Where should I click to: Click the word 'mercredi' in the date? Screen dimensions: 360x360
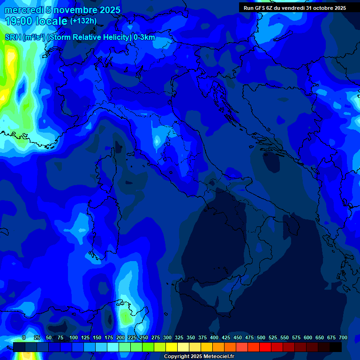click(24, 10)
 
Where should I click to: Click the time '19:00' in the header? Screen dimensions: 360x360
click(19, 21)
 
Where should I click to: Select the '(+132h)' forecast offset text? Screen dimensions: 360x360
click(83, 21)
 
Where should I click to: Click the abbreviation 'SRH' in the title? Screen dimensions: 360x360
click(13, 37)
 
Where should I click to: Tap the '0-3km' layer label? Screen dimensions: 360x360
click(144, 37)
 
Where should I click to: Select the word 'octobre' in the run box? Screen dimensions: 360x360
click(320, 8)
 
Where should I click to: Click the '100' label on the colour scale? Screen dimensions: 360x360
click(74, 337)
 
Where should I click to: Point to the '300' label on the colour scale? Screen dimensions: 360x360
click(167, 337)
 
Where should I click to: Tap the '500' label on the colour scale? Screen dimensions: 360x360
click(261, 337)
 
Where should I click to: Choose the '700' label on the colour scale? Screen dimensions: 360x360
click(343, 337)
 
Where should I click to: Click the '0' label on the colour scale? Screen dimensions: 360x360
click(24, 337)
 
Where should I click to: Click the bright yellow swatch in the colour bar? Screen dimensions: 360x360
click(172, 347)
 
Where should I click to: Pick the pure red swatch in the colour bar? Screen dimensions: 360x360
click(265, 347)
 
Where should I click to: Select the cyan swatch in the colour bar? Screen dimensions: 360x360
click(113, 347)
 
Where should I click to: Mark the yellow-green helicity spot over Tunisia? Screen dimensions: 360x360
click(125, 318)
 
